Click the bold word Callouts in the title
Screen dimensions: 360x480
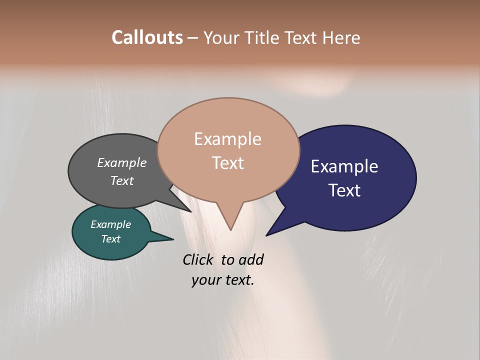pyautogui.click(x=147, y=37)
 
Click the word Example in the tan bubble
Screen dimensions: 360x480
pyautogui.click(x=227, y=139)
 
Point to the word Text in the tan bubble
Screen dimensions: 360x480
pyautogui.click(x=227, y=162)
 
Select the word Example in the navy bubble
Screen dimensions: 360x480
pyautogui.click(x=344, y=166)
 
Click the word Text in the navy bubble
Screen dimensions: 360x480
pyautogui.click(x=344, y=190)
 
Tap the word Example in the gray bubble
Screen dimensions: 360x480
pyautogui.click(x=121, y=162)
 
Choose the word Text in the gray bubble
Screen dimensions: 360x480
pyautogui.click(x=121, y=180)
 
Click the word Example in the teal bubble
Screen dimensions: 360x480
pyautogui.click(x=110, y=224)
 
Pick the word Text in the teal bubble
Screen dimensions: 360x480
pyautogui.click(x=110, y=239)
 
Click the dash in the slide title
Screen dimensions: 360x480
pyautogui.click(x=193, y=38)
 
